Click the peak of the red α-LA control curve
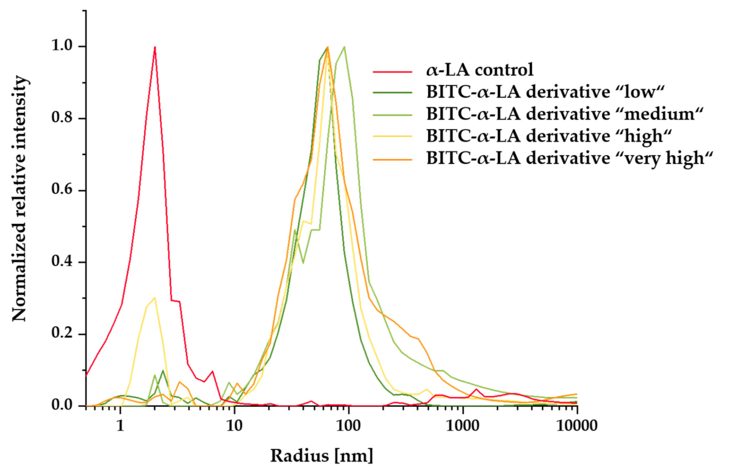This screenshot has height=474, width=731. coord(155,47)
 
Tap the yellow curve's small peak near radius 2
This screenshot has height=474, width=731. coord(154,298)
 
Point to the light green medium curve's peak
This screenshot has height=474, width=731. coord(344,47)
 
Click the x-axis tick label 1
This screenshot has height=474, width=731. coord(120,426)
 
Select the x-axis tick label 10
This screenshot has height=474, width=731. coord(234,426)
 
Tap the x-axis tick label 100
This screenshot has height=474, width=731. coord(348,426)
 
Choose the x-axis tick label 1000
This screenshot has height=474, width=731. coord(463,426)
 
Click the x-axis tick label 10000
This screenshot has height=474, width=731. coord(577,426)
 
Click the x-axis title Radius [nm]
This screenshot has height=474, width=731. coord(322,456)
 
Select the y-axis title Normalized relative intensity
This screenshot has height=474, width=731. coord(19,198)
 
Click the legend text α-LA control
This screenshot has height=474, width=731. coord(479,70)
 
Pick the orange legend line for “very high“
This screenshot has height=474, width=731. coord(392,159)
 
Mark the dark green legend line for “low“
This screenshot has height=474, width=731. coord(392,93)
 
